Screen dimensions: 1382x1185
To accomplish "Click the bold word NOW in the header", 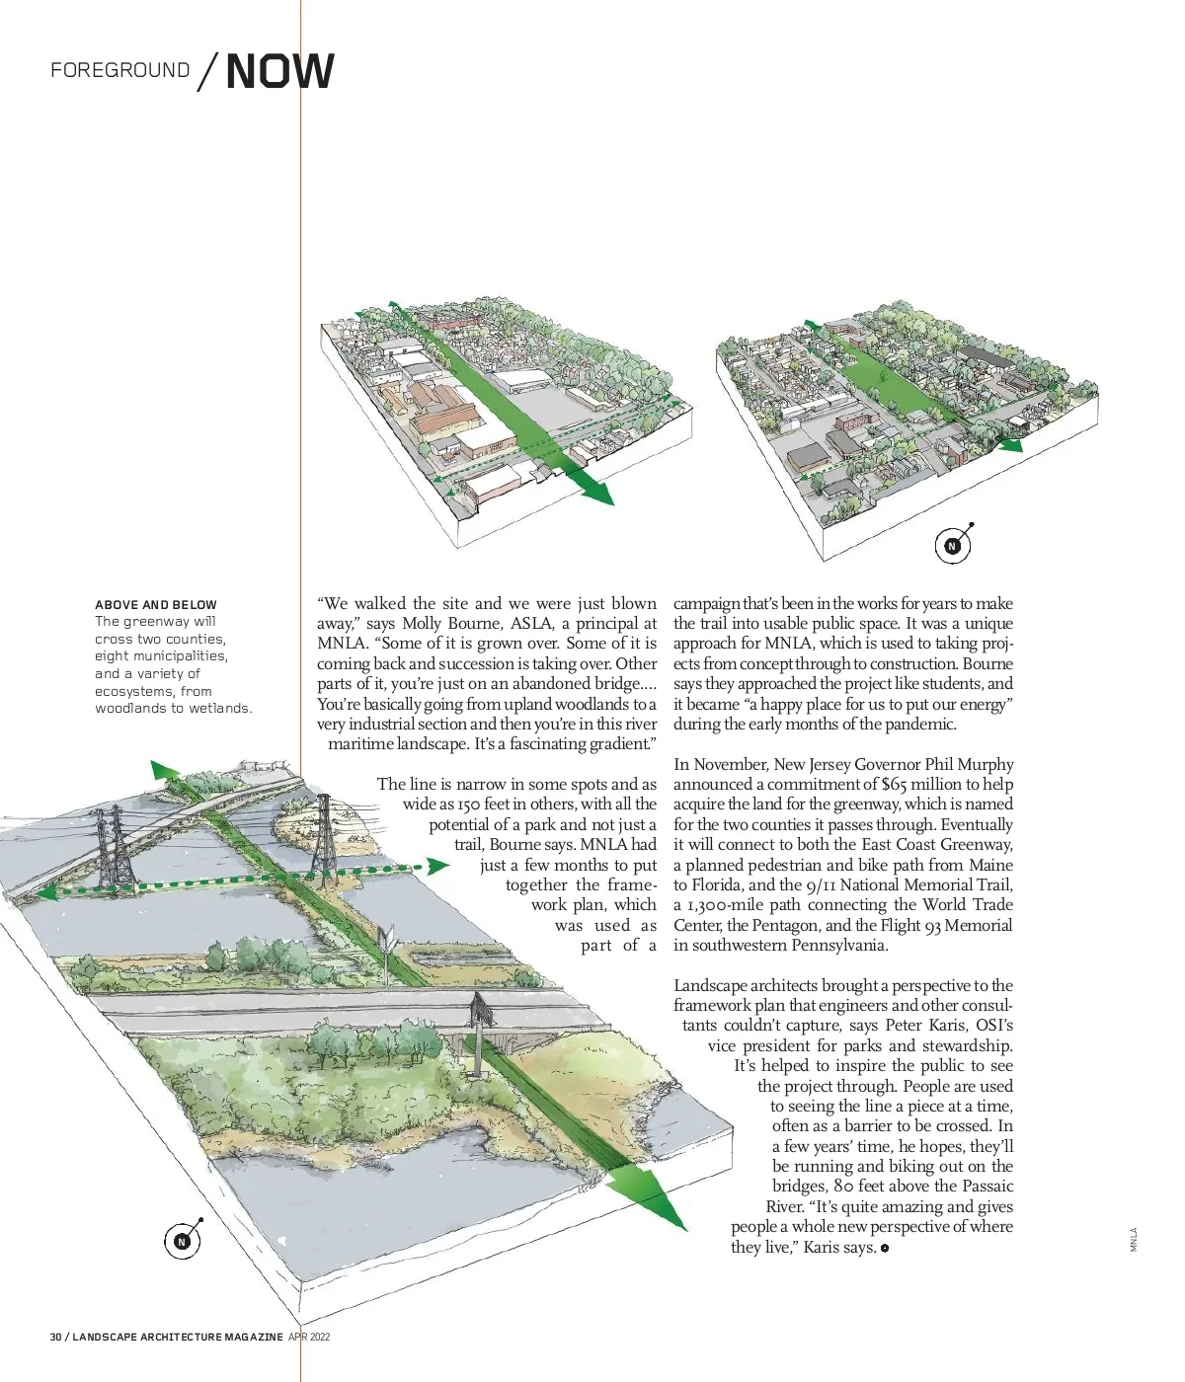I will (279, 71).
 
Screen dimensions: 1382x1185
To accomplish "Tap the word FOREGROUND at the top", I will (119, 70).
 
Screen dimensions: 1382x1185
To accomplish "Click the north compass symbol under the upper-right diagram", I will (953, 545).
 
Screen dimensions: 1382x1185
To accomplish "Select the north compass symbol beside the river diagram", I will (182, 1241).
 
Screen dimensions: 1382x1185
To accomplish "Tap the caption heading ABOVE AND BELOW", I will (156, 604).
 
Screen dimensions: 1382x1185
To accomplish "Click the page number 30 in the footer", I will (57, 1337).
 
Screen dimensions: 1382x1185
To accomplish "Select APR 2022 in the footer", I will (309, 1337).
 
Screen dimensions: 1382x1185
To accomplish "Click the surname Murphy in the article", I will (981, 764).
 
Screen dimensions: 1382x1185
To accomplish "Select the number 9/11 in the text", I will (824, 884).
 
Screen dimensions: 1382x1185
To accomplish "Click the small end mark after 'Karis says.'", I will (885, 1249).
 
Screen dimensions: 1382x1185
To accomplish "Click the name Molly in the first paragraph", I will (425, 623).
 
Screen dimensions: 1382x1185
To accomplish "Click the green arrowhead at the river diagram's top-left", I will (158, 770).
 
